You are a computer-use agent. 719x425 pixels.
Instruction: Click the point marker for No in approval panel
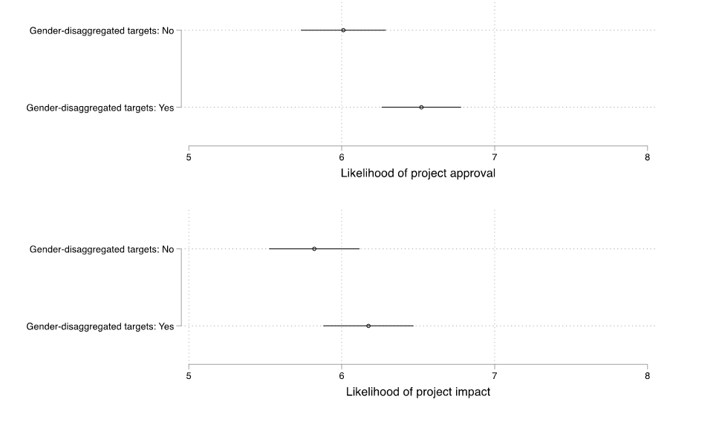tap(343, 30)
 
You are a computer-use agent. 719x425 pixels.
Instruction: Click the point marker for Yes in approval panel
tap(421, 108)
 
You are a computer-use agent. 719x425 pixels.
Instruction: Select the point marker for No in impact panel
tap(314, 249)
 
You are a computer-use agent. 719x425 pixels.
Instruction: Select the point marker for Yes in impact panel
tap(368, 326)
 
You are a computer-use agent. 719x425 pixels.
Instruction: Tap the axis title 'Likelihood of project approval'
tap(417, 174)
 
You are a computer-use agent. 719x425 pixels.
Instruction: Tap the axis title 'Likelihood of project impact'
tap(417, 392)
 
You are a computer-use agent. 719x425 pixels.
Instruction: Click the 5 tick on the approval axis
tap(189, 157)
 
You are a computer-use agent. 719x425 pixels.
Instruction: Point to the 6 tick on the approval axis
tap(342, 157)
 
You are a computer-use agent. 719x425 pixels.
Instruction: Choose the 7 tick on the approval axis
tap(495, 157)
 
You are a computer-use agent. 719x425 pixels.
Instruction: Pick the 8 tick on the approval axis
tap(647, 157)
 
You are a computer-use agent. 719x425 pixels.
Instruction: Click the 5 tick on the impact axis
tap(189, 375)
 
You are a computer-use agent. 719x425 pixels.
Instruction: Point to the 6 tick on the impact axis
tap(342, 375)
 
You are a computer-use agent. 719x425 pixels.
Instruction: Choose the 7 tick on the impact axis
tap(495, 375)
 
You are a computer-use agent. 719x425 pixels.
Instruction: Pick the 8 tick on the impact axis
tap(647, 375)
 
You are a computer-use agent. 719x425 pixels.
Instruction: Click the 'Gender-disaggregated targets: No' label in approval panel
tap(101, 31)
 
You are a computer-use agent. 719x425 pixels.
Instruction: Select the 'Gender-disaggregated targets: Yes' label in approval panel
tap(100, 108)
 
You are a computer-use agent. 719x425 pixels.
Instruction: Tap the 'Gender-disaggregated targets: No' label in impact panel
tap(101, 250)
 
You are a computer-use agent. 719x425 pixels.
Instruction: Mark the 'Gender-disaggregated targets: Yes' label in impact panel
tap(100, 326)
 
